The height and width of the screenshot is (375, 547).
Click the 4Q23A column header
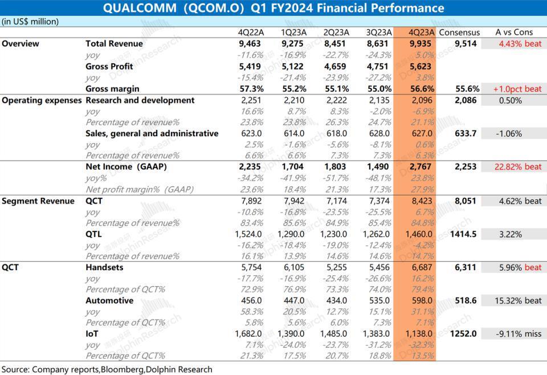(414, 32)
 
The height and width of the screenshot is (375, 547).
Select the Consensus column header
(459, 32)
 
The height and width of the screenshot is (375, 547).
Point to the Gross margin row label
(112, 89)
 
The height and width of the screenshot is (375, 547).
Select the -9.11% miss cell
(514, 334)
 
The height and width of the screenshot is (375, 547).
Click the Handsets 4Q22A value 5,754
(252, 267)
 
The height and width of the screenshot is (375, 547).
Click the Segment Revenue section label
(38, 201)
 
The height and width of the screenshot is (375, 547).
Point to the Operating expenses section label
(42, 100)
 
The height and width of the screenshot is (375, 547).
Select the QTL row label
(95, 234)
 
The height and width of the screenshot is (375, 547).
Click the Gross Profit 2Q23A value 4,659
(335, 67)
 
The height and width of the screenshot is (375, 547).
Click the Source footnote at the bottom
(107, 369)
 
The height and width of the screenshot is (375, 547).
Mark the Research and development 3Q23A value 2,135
(378, 100)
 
